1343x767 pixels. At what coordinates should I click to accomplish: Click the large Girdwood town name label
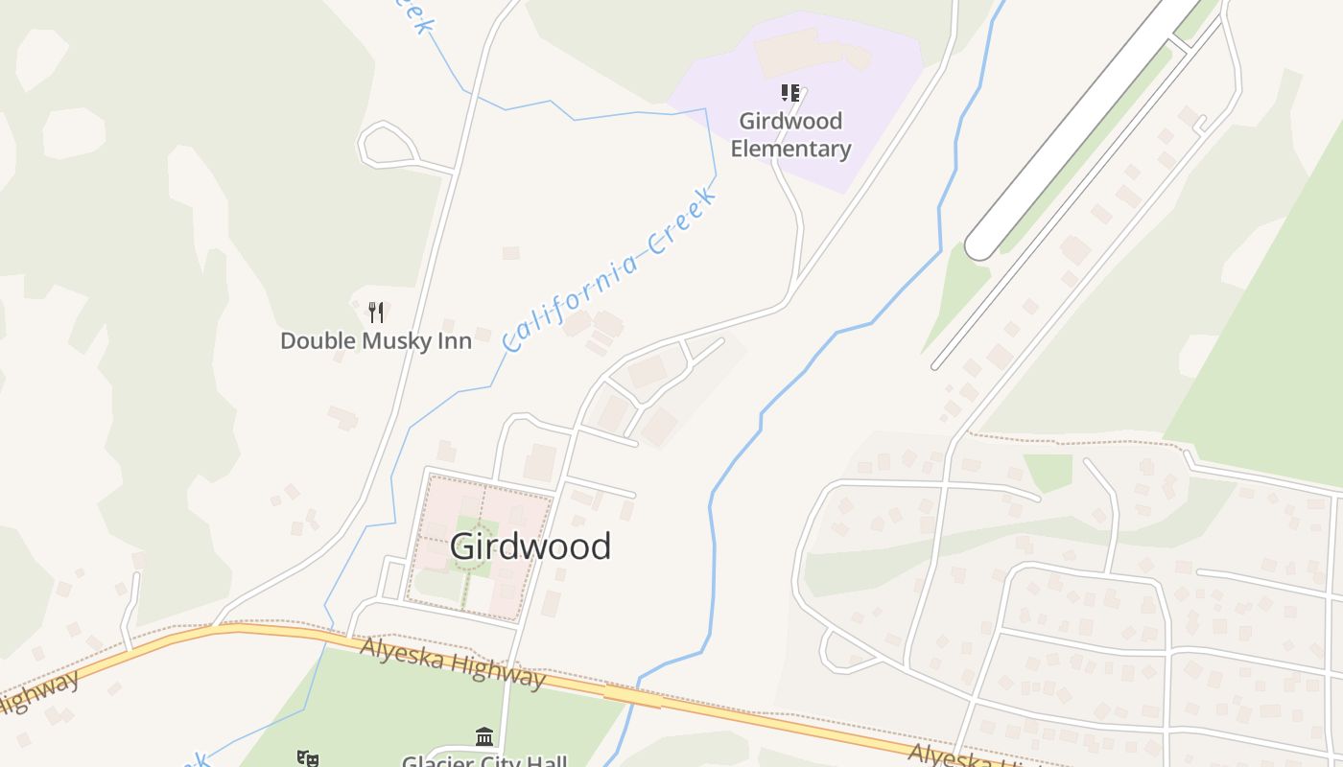click(530, 546)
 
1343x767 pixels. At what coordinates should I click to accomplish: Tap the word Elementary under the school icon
click(790, 149)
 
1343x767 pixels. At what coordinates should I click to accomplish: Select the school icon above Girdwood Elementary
click(789, 93)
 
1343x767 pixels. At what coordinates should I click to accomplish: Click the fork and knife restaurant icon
click(376, 312)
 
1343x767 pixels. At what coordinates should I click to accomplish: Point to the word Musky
click(389, 341)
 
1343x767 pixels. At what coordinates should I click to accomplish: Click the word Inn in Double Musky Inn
click(454, 341)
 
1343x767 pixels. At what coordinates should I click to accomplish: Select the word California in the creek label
click(570, 297)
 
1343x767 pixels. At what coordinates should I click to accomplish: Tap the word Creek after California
click(683, 222)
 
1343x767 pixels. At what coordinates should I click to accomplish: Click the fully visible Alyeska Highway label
click(452, 662)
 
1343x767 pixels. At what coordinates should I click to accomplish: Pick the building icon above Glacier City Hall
click(484, 736)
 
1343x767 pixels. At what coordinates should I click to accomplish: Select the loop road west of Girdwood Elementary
click(388, 144)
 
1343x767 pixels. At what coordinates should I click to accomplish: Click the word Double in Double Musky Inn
click(317, 341)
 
